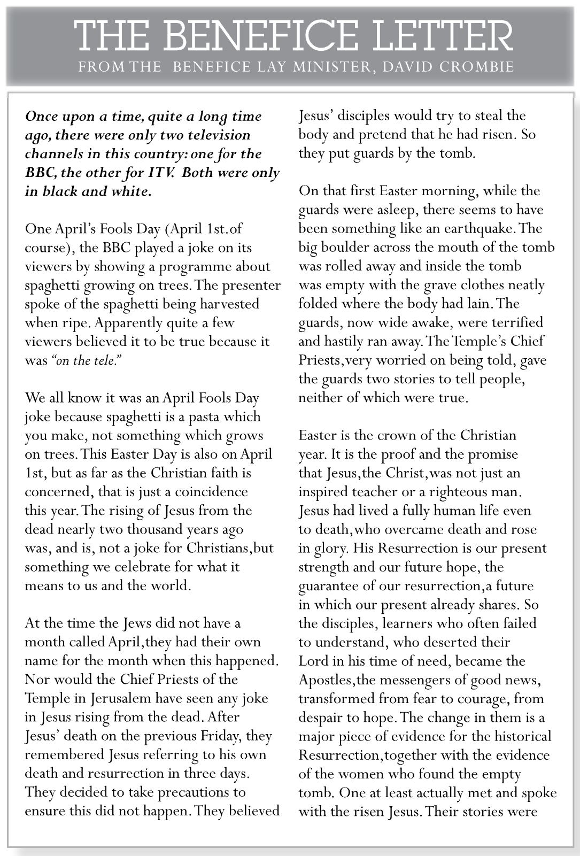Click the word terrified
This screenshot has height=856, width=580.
click(508, 322)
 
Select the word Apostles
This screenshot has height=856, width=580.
click(324, 680)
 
